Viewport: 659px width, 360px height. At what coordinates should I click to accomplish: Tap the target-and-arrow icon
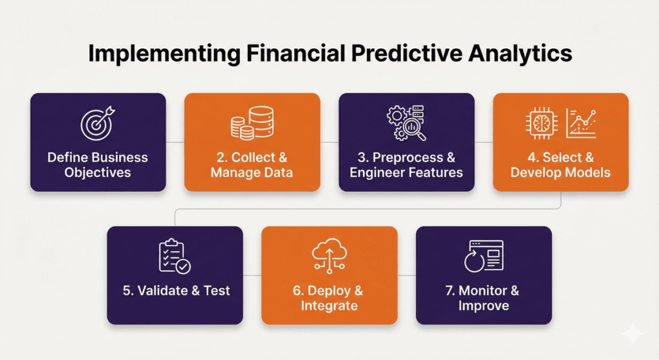click(x=98, y=122)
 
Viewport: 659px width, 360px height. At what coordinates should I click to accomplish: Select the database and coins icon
click(x=252, y=123)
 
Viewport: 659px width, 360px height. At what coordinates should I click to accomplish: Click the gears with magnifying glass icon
click(x=406, y=122)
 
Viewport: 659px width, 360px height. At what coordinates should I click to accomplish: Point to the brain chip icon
click(x=541, y=122)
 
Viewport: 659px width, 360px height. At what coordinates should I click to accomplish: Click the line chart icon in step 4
click(x=581, y=122)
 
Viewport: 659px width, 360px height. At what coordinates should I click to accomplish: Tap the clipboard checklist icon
click(x=174, y=256)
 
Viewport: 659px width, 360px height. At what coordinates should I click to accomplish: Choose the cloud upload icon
click(x=329, y=256)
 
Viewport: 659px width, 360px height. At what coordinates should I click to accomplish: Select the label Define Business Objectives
click(x=98, y=165)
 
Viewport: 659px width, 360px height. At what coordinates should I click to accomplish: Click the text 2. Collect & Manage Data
click(x=252, y=165)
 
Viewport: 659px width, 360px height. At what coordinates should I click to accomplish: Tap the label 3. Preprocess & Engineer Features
click(x=406, y=165)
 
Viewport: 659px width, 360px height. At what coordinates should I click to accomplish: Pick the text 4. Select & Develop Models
click(x=561, y=165)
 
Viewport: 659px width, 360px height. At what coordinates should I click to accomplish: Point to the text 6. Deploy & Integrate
click(x=329, y=298)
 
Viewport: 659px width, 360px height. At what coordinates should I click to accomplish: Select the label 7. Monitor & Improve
click(x=483, y=298)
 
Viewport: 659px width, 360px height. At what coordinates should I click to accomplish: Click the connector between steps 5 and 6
click(x=252, y=275)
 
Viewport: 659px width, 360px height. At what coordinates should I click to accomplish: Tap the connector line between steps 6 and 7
click(x=407, y=275)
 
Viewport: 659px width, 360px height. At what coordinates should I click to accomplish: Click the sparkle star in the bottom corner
click(x=632, y=334)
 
